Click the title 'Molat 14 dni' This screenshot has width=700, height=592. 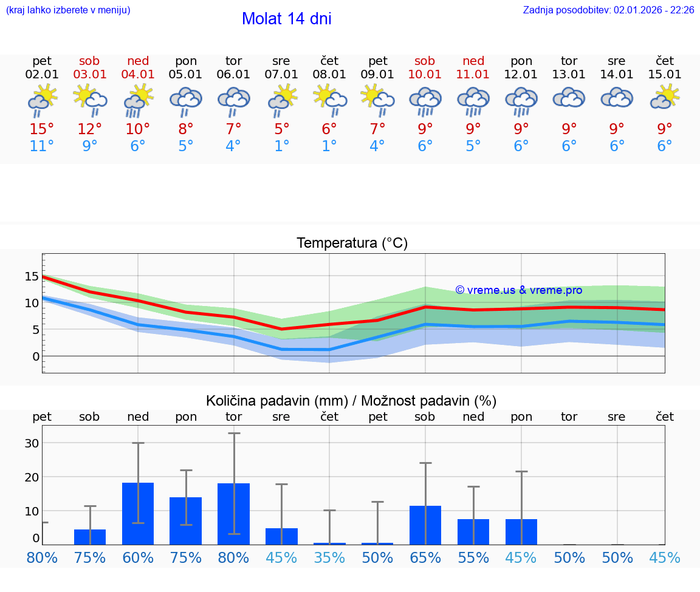pos(286,19)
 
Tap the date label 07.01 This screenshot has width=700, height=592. pos(281,75)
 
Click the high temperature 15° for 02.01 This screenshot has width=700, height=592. pos(42,129)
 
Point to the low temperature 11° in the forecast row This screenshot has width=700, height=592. pos(42,146)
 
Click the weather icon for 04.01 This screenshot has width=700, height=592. pos(138,100)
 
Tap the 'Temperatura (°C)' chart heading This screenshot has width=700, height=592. pos(352,243)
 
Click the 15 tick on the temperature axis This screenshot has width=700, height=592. pos(32,276)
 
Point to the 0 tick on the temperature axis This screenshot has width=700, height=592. pos(35,356)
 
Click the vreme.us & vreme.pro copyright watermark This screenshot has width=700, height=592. pos(518,290)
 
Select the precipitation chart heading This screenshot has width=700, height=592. pos(351,401)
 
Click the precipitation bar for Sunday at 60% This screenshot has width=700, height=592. pos(138,514)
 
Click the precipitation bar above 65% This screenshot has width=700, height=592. pos(425,525)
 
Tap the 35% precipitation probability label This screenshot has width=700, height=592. pos(329,558)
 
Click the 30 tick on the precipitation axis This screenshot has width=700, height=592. pos(32,443)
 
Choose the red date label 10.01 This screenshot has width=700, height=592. pos(425,75)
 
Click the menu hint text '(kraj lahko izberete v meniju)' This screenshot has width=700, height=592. pos(68,10)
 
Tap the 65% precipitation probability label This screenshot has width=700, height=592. pos(425,558)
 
